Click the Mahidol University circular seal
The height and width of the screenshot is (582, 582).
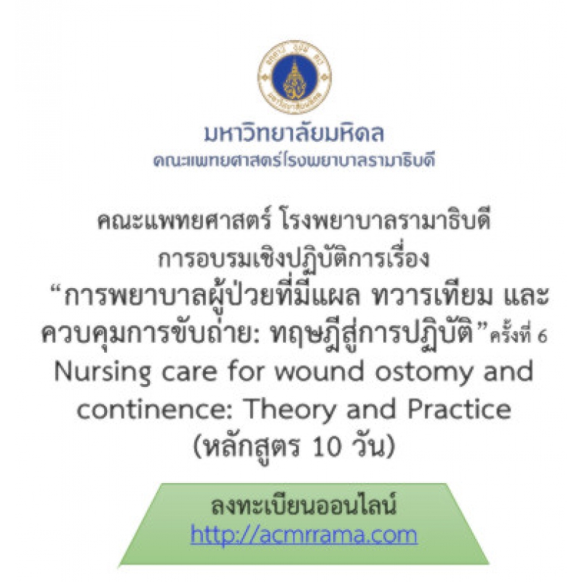(295, 77)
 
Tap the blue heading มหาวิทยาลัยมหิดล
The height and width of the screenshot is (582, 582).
(294, 132)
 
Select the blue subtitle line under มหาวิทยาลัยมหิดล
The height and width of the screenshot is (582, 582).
(294, 160)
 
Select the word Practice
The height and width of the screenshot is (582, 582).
(459, 409)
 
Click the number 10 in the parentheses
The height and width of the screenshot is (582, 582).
(327, 447)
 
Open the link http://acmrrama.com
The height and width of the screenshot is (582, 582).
(304, 535)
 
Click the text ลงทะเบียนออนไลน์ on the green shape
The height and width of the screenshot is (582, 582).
(304, 504)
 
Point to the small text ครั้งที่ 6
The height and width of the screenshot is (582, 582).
(519, 335)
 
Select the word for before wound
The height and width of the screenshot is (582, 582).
(245, 371)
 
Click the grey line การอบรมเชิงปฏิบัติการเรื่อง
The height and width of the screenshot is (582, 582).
(294, 258)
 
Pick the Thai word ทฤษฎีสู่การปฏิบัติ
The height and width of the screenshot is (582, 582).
(372, 333)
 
